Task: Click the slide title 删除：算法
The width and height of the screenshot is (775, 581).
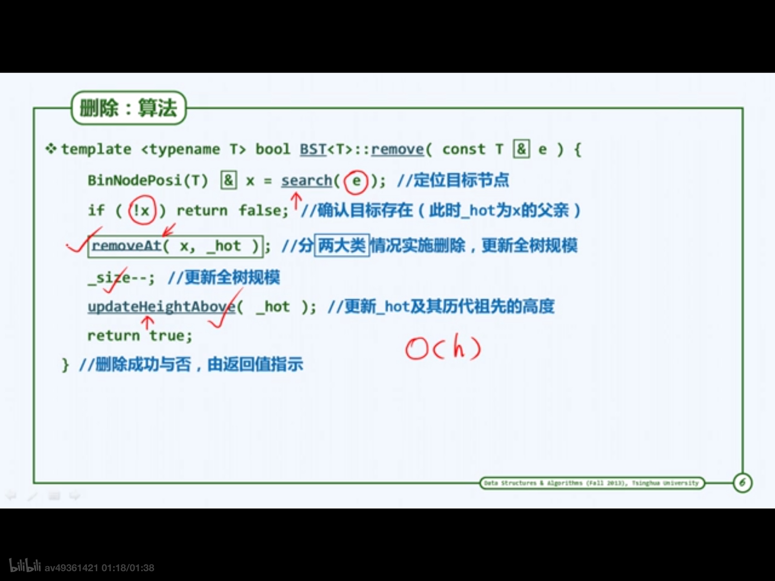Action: point(128,108)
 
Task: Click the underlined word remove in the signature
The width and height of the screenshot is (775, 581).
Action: point(397,149)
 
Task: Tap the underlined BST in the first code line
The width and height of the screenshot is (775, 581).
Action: point(313,149)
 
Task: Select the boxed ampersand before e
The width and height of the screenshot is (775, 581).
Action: point(521,149)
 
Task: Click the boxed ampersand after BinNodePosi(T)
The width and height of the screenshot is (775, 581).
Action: point(229,180)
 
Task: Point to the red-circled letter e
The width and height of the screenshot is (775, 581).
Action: point(356,181)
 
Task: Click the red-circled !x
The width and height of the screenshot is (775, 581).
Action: point(142,210)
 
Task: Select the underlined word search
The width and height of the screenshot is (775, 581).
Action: point(307,181)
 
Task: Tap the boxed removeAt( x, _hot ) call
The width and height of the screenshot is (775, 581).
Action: point(176,246)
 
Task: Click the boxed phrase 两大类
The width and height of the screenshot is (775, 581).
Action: point(342,245)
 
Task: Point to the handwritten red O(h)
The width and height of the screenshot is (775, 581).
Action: point(443,348)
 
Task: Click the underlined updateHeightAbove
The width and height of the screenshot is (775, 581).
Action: point(161,307)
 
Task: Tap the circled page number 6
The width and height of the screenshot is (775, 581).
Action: point(742,483)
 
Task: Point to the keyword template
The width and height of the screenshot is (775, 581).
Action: point(96,149)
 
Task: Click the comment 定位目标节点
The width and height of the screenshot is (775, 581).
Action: point(461,180)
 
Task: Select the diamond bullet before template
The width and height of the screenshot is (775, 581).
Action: point(51,148)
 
